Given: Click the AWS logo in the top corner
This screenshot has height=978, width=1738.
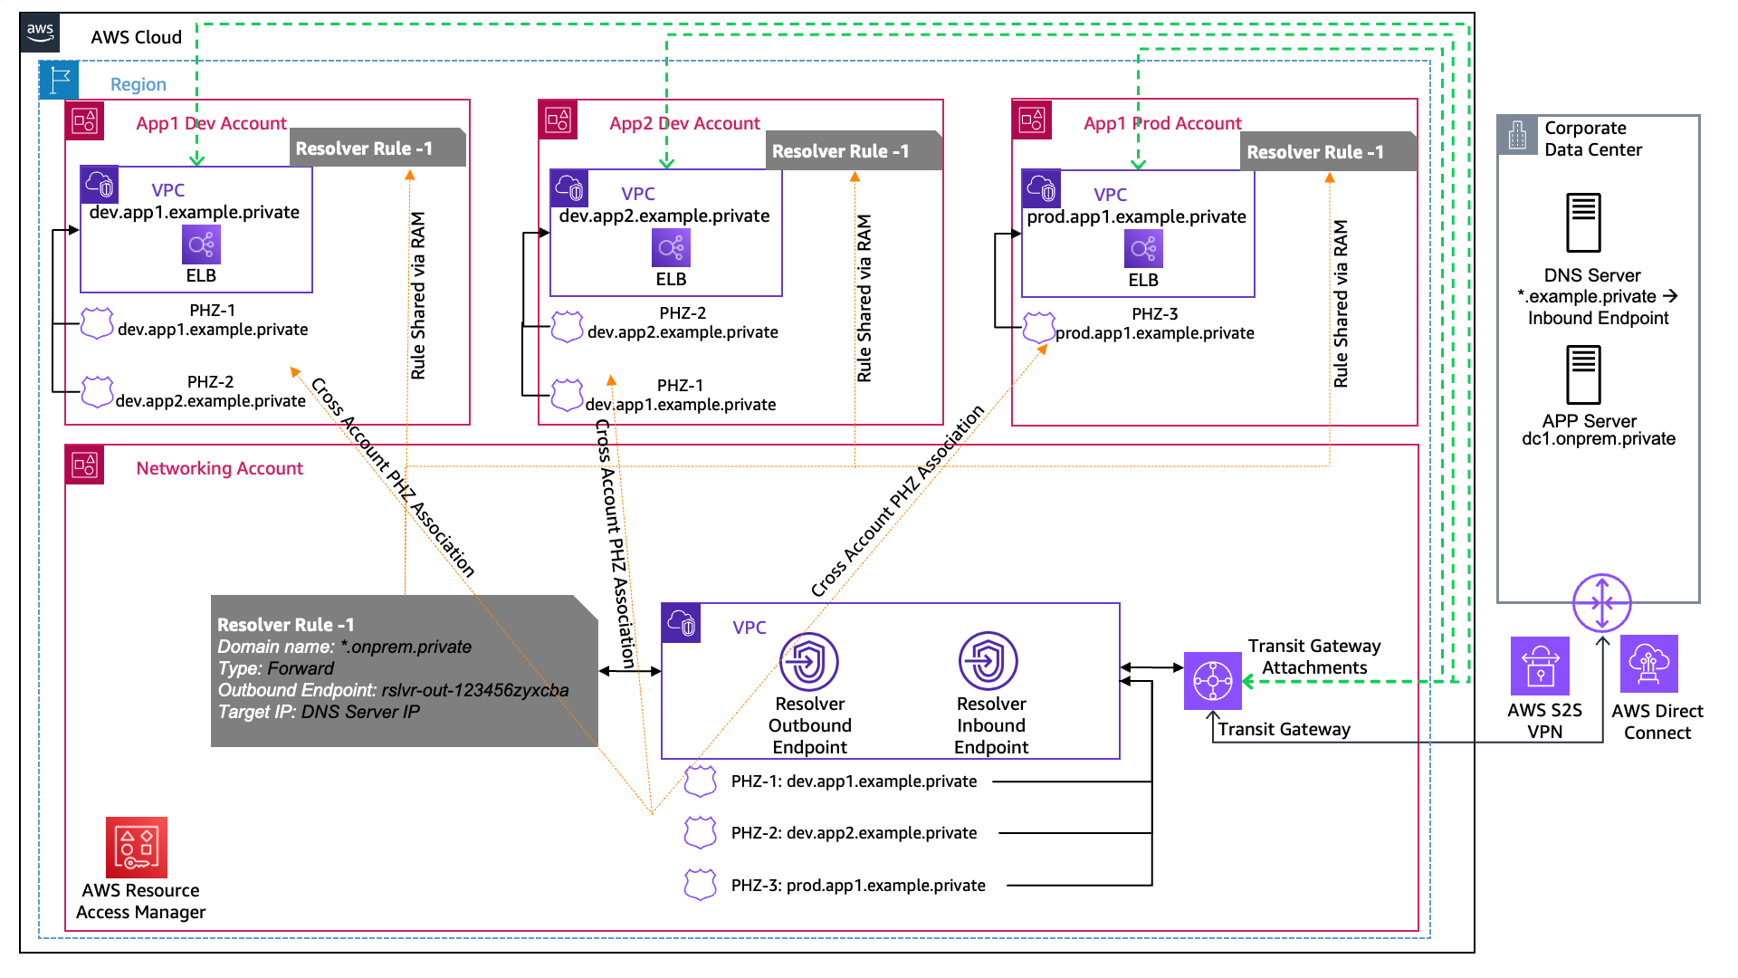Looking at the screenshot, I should (40, 33).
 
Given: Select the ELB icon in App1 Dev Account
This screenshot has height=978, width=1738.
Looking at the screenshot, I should (201, 244).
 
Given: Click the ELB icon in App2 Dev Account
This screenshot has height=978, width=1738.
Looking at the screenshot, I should (671, 247).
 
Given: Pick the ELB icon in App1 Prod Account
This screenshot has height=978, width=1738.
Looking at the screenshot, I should (1143, 248).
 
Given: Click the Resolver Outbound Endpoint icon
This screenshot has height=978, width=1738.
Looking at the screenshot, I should (809, 661).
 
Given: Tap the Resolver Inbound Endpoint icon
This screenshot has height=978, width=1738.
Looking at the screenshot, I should (988, 661).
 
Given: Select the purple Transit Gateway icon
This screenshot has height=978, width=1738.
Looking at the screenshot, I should (1212, 680).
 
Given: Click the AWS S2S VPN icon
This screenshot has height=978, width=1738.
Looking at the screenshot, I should (1540, 666).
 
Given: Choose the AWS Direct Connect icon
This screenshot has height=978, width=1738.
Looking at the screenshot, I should (1648, 664).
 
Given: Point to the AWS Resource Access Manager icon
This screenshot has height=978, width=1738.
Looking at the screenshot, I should (137, 848).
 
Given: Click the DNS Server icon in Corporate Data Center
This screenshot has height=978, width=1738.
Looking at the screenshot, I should (1584, 223).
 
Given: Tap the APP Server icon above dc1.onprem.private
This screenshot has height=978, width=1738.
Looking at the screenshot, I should (1584, 375).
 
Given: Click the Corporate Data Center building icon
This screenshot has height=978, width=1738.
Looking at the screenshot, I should (1518, 135).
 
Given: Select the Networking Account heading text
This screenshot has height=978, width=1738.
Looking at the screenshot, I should (219, 468).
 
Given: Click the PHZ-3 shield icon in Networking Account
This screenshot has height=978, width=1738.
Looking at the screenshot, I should (700, 885).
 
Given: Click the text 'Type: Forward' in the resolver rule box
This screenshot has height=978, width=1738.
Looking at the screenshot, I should (276, 668).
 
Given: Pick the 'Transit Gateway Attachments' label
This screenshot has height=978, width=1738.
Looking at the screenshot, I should (1314, 657).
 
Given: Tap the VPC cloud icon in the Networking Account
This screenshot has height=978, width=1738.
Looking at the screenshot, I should (681, 623).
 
